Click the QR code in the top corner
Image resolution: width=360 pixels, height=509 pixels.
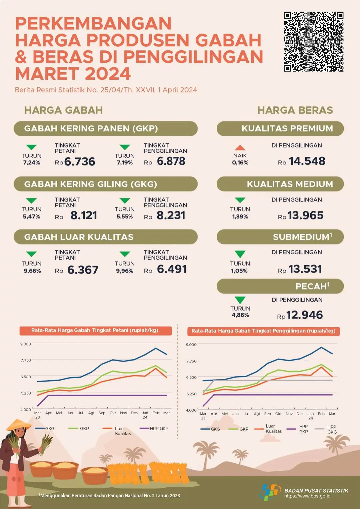(x=313, y=42)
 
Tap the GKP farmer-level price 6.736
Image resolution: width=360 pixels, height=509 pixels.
(x=80, y=162)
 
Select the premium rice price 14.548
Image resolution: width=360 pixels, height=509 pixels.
(x=307, y=161)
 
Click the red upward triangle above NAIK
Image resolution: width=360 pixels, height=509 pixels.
(x=240, y=147)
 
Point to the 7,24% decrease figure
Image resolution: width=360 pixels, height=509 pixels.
(x=32, y=163)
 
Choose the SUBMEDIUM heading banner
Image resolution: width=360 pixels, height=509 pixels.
(x=280, y=237)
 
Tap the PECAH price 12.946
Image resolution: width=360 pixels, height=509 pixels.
(x=304, y=315)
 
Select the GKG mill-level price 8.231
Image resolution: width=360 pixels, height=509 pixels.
(x=171, y=215)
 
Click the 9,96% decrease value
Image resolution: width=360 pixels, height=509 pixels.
(x=125, y=271)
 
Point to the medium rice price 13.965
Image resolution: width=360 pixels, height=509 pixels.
(x=305, y=215)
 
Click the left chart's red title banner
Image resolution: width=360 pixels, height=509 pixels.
(x=95, y=331)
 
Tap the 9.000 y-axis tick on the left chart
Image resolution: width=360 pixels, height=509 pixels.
(x=26, y=344)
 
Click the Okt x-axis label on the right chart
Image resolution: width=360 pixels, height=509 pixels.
(x=278, y=414)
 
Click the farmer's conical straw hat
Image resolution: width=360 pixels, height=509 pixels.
(x=19, y=424)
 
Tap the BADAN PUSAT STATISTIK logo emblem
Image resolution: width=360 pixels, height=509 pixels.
(x=270, y=492)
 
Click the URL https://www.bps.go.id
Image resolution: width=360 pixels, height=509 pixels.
(x=307, y=496)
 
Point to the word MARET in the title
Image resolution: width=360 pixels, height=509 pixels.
(x=48, y=74)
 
